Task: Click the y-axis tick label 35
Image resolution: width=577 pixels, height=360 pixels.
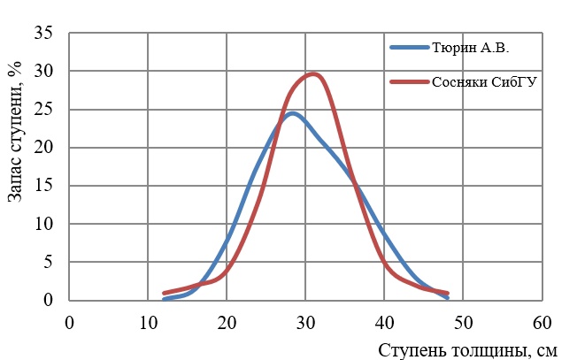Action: click(43, 34)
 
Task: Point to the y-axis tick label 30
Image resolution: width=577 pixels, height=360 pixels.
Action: click(43, 72)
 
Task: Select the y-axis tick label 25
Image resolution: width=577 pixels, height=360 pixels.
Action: click(43, 110)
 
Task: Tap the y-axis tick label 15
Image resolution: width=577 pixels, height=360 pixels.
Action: click(43, 187)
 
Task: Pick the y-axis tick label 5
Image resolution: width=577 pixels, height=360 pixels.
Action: click(48, 263)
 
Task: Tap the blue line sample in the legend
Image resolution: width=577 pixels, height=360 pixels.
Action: click(409, 48)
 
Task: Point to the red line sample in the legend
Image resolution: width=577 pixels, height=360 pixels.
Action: click(409, 82)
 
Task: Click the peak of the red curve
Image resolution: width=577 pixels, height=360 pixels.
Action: click(312, 74)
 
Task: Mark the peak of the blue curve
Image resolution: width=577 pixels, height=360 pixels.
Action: click(292, 113)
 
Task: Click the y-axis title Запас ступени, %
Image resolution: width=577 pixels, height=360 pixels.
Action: click(15, 133)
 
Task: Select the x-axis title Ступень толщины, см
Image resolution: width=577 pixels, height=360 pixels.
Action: click(468, 349)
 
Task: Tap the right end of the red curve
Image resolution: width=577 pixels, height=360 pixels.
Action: click(448, 293)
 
